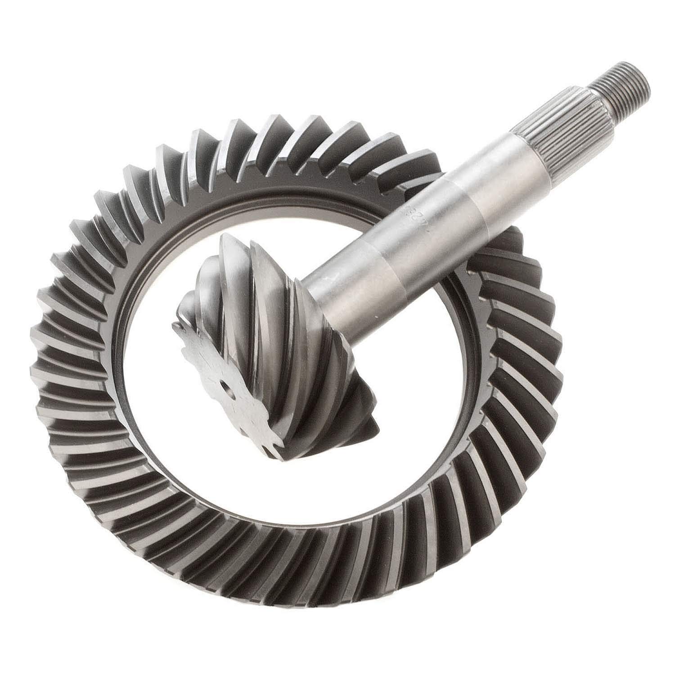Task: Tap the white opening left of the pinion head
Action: pyautogui.click(x=153, y=315)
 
